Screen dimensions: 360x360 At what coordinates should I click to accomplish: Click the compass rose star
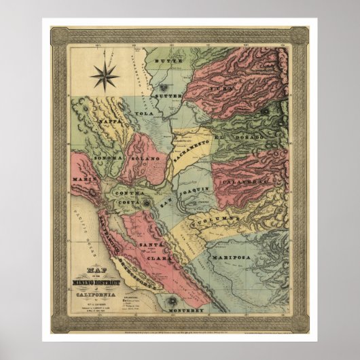point(104,76)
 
